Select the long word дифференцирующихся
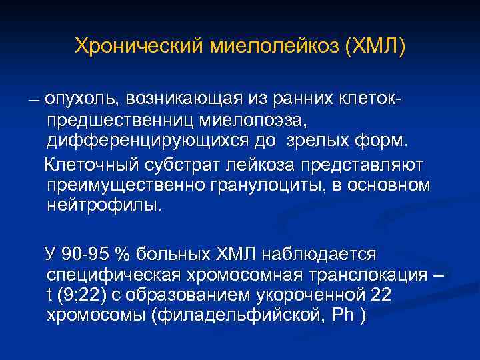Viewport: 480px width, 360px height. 151,142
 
